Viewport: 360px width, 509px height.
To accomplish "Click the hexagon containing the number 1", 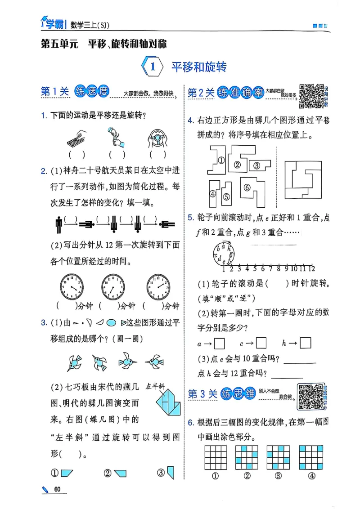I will pos(152,67).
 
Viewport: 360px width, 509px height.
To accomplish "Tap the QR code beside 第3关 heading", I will pos(310,396).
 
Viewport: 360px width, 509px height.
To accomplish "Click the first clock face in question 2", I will pos(72,286).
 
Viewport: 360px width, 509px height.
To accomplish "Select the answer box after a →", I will pos(219,344).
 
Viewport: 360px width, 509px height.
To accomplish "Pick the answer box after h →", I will pos(305,343).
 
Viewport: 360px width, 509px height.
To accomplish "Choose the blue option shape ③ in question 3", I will pos(171,472).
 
